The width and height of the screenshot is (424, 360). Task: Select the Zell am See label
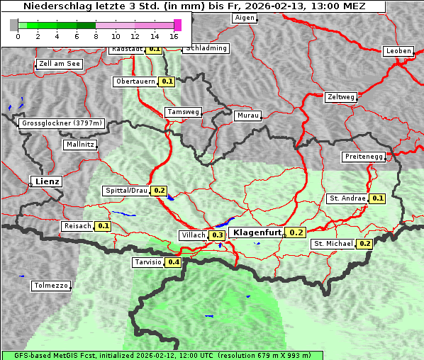pyautogui.click(x=60, y=64)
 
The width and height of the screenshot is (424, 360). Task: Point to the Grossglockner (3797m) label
pyautogui.click(x=62, y=123)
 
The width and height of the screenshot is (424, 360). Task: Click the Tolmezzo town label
pyautogui.click(x=51, y=286)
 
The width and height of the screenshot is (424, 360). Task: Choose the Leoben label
pyautogui.click(x=398, y=51)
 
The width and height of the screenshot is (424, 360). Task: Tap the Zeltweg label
pyautogui.click(x=341, y=97)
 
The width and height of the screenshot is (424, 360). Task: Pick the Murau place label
pyautogui.click(x=248, y=116)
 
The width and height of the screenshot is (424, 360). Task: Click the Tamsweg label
pyautogui.click(x=184, y=112)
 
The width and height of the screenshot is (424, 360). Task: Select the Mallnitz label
pyautogui.click(x=80, y=145)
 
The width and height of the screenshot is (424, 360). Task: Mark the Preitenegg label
pyautogui.click(x=363, y=157)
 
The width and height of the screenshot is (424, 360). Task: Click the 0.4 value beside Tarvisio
pyautogui.click(x=174, y=262)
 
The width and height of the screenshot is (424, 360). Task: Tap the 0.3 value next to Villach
pyautogui.click(x=218, y=235)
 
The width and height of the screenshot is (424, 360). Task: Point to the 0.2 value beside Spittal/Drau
pyautogui.click(x=159, y=191)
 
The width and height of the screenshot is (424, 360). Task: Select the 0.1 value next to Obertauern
pyautogui.click(x=167, y=81)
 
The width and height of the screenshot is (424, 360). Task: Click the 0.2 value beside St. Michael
pyautogui.click(x=364, y=244)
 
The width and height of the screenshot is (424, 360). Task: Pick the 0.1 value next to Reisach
pyautogui.click(x=104, y=226)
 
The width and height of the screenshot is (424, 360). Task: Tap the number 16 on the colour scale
pyautogui.click(x=174, y=36)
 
